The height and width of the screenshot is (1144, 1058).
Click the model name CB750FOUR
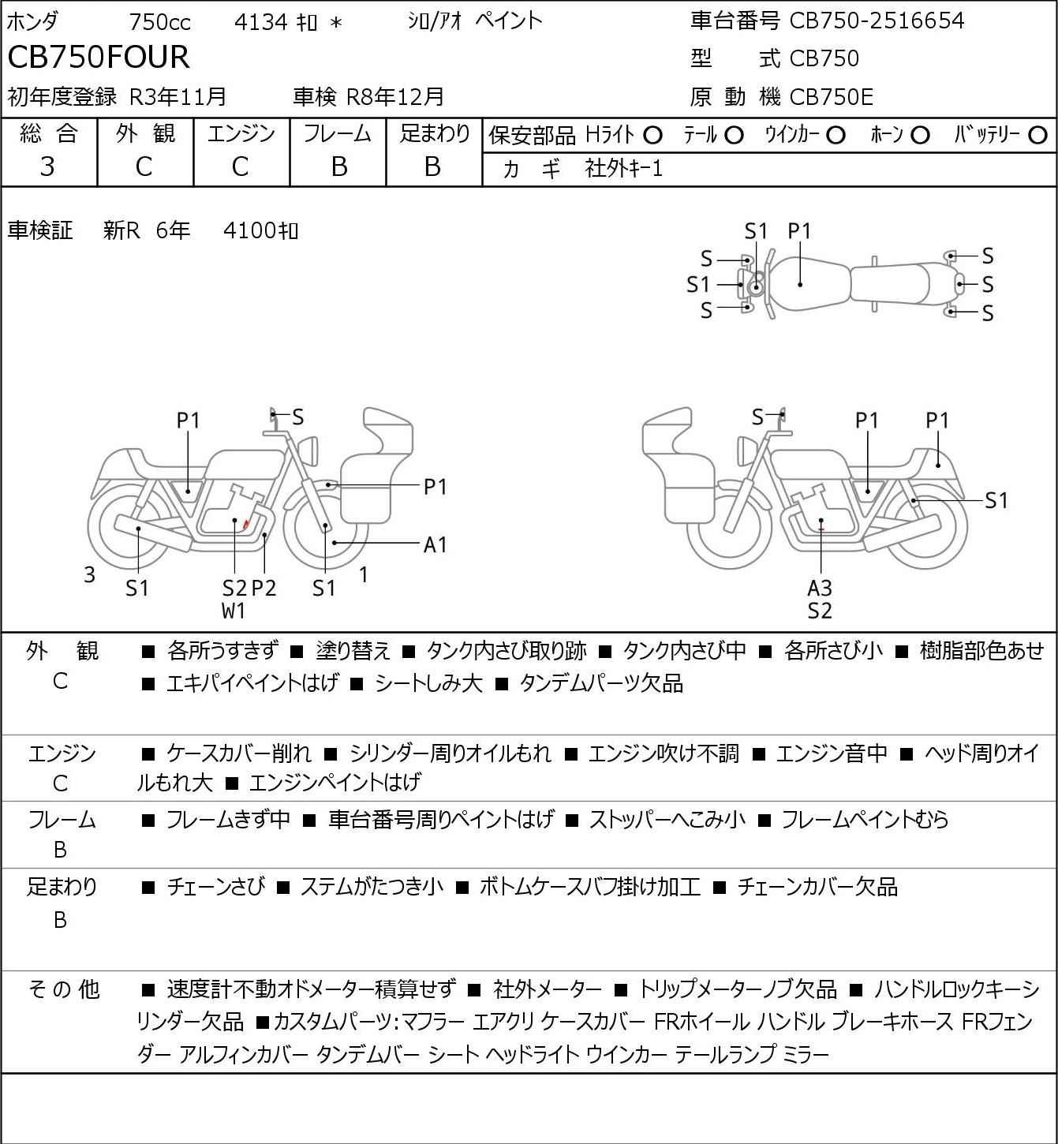pos(99,57)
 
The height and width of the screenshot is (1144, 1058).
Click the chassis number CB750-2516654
pos(877,21)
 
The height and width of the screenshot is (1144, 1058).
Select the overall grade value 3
pos(47,167)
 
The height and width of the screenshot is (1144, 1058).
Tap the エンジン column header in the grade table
pos(241,133)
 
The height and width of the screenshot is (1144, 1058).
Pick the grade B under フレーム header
pos(339,167)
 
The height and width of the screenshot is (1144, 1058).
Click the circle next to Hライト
pos(653,136)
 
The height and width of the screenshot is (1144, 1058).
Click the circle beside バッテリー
pos(1037,136)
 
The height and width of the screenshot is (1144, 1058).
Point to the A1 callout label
pos(435,544)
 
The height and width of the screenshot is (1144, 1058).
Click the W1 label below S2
pos(234,611)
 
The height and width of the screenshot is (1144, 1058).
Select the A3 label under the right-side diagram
pos(820,588)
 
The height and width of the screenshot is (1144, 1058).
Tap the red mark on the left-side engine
pos(247,523)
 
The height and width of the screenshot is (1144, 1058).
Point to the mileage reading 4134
pos(260,22)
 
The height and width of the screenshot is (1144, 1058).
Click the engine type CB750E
pos(832,97)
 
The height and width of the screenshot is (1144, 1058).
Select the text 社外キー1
pos(624,169)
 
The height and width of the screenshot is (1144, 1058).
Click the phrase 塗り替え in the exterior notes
pos(353,651)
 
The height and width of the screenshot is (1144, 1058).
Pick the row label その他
pos(64,989)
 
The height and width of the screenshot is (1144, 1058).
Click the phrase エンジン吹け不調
pos(664,753)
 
